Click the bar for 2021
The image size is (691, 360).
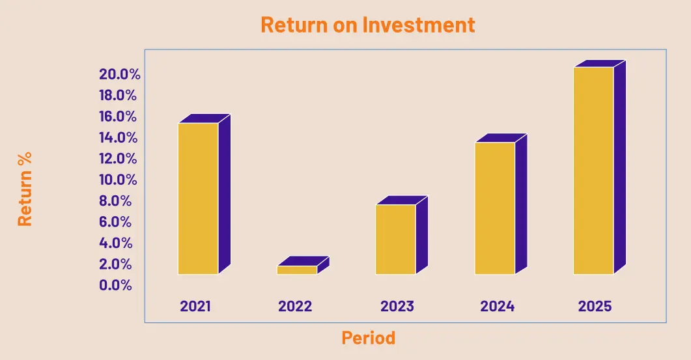pyautogui.click(x=204, y=194)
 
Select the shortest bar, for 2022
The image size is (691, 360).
pyautogui.click(x=303, y=266)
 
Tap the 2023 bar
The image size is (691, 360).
pyautogui.click(x=401, y=235)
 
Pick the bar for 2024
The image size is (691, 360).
pyautogui.click(x=501, y=204)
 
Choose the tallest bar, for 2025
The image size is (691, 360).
pyautogui.click(x=599, y=167)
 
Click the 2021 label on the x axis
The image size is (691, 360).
pyautogui.click(x=195, y=306)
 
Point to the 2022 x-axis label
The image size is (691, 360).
pyautogui.click(x=295, y=306)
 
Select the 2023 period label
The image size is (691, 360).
pyautogui.click(x=397, y=306)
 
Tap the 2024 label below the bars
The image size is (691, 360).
pyautogui.click(x=497, y=306)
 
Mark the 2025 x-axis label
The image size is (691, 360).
pyautogui.click(x=595, y=306)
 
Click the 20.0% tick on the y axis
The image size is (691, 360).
pyautogui.click(x=119, y=74)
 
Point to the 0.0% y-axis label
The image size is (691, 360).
pyautogui.click(x=115, y=285)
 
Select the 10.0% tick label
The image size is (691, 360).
pyautogui.click(x=118, y=180)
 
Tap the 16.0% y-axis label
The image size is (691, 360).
pyautogui.click(x=118, y=117)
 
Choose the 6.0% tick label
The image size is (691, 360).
pyautogui.click(x=115, y=221)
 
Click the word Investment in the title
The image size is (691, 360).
pyautogui.click(x=419, y=25)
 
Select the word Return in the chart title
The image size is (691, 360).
pyautogui.click(x=294, y=25)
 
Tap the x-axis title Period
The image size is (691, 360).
pyautogui.click(x=369, y=338)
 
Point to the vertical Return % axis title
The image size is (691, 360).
pyautogui.click(x=25, y=189)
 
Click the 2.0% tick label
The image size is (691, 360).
pyautogui.click(x=115, y=264)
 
